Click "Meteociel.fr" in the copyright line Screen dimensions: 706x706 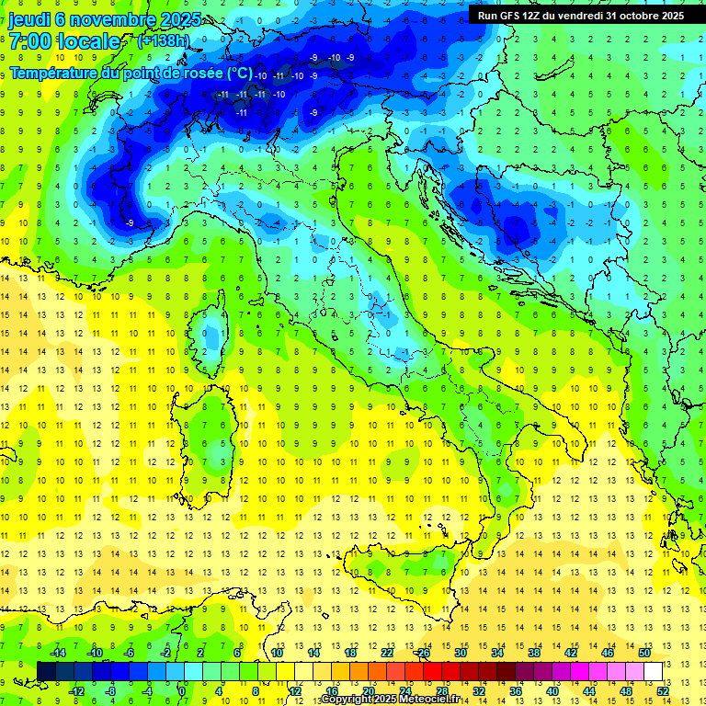pyautogui.click(x=436, y=700)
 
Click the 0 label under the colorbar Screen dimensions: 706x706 pyautogui.click(x=182, y=690)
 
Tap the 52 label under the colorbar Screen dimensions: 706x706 pyautogui.click(x=663, y=690)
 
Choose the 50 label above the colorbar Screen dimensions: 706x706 pyautogui.click(x=644, y=653)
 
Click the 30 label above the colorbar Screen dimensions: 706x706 pyautogui.click(x=460, y=653)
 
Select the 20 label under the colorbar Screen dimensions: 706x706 pyautogui.click(x=368, y=690)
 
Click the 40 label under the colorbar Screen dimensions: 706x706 pyautogui.click(x=552, y=690)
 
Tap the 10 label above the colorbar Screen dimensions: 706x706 pyautogui.click(x=276, y=653)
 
